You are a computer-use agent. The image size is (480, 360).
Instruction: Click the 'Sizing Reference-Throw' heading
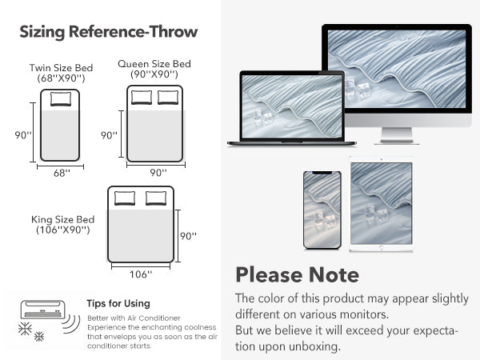[x=109, y=32]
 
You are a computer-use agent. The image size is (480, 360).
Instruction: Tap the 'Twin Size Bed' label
[x=62, y=68]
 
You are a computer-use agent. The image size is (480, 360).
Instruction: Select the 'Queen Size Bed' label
[x=154, y=64]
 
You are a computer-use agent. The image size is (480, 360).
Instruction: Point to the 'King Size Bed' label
[x=62, y=219]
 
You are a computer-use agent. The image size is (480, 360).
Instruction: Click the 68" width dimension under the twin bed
[x=62, y=174]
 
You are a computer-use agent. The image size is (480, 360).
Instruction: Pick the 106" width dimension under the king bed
[x=141, y=274]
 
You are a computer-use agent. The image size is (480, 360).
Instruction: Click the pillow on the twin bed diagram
[x=61, y=99]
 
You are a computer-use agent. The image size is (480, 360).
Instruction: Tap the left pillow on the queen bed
[x=142, y=98]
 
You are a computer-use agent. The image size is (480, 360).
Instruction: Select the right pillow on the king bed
[x=156, y=198]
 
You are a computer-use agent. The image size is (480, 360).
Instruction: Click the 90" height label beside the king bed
[x=188, y=236]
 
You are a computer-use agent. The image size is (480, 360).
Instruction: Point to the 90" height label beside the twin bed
[x=23, y=135]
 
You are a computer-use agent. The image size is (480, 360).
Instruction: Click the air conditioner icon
[x=43, y=310]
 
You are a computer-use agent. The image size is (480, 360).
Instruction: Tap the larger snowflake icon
[x=25, y=329]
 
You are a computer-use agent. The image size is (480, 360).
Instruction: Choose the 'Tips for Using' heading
[x=118, y=303]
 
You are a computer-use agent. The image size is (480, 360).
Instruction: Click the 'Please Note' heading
[x=298, y=274]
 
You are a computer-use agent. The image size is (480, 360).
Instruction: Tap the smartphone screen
[x=322, y=210]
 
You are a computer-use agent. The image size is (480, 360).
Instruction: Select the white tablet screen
[x=381, y=203]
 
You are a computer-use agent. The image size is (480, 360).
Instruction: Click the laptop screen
[x=292, y=106]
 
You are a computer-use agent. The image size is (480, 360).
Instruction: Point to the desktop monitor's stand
[x=397, y=136]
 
